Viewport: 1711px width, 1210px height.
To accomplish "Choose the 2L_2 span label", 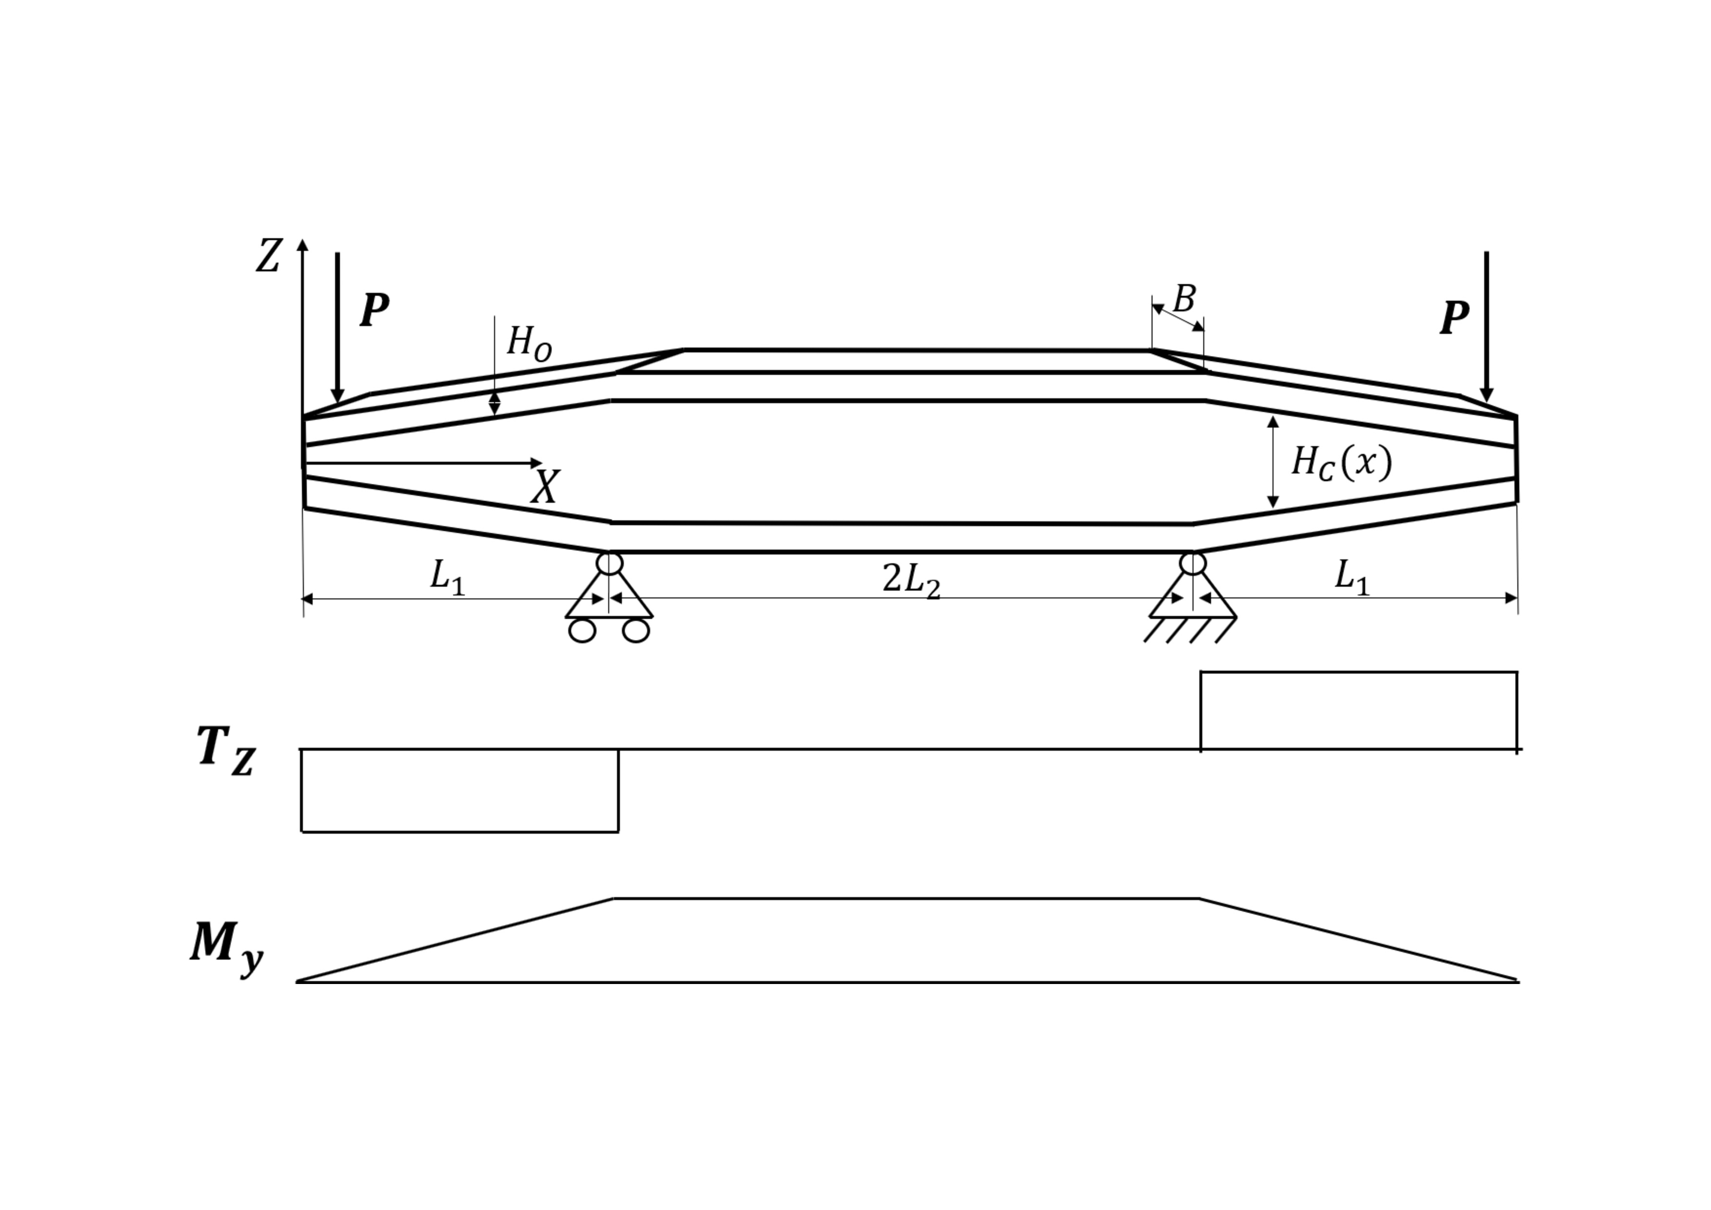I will tap(911, 580).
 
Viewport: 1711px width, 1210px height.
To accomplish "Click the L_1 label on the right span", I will tap(1351, 578).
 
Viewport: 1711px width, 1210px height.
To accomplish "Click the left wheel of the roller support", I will tap(582, 631).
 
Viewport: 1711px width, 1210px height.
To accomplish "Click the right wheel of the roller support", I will tap(636, 631).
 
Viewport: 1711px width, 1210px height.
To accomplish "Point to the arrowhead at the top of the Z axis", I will tap(302, 245).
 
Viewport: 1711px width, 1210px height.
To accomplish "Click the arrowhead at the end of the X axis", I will tap(536, 464).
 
